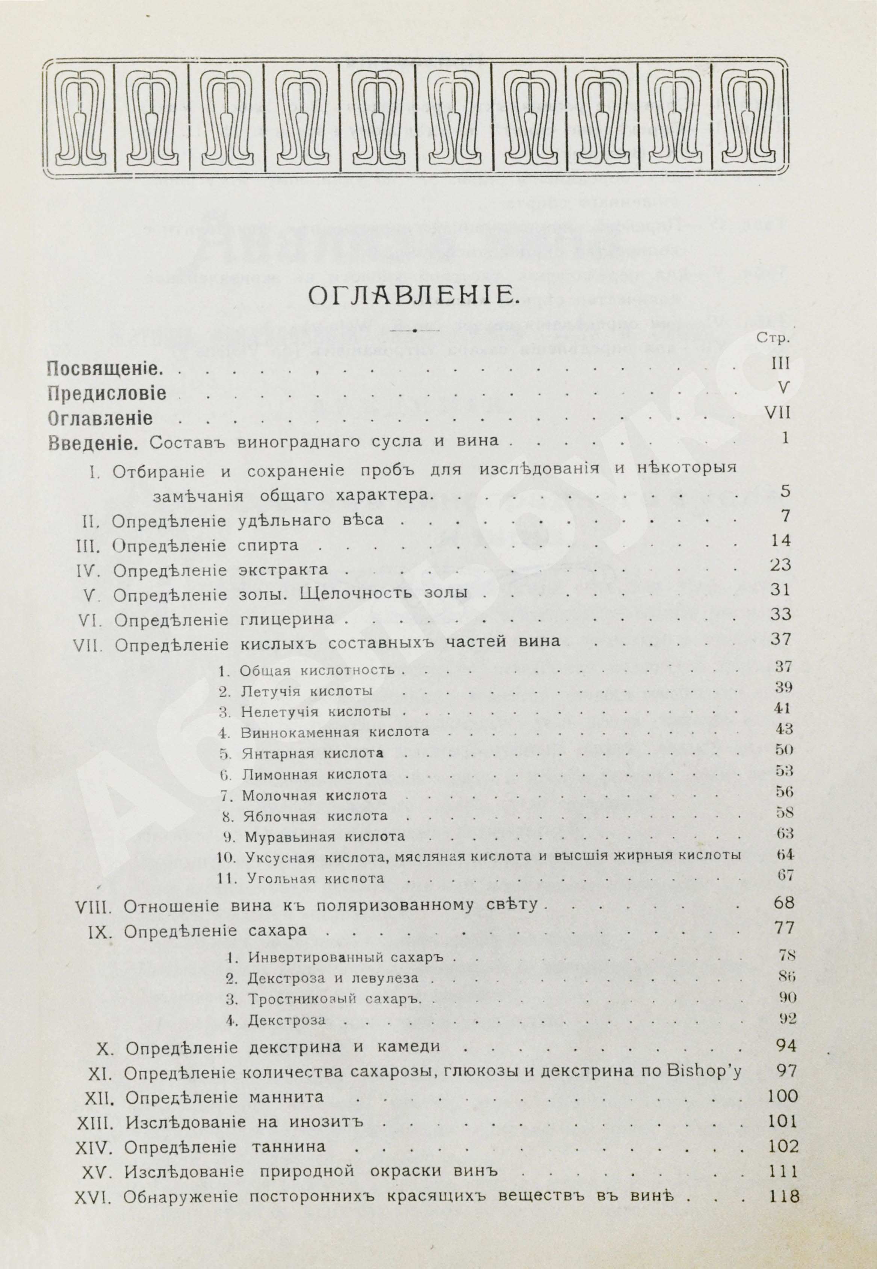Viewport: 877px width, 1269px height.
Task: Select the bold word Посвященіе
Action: pyautogui.click(x=104, y=369)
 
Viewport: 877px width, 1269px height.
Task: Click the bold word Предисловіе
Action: pyautogui.click(x=107, y=394)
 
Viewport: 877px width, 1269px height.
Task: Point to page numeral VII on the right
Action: pyautogui.click(x=777, y=412)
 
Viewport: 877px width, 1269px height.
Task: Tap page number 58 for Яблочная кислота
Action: pyautogui.click(x=785, y=812)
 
